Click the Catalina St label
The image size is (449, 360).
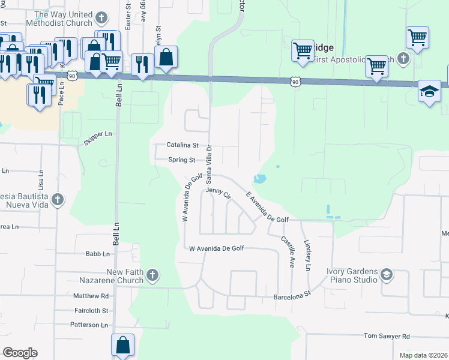click(x=182, y=145)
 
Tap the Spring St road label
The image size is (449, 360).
click(x=182, y=160)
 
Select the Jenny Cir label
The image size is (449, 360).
click(x=218, y=193)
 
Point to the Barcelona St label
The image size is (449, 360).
click(x=291, y=295)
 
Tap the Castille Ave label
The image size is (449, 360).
click(x=288, y=251)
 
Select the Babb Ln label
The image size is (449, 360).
click(x=97, y=254)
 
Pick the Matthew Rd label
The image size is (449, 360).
click(x=91, y=296)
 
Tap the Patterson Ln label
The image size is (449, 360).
click(x=89, y=325)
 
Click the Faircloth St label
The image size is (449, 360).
click(x=90, y=310)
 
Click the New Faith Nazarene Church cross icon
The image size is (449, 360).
click(x=152, y=275)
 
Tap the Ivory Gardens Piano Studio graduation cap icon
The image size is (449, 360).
click(x=387, y=275)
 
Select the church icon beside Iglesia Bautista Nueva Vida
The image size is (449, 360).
click(x=58, y=199)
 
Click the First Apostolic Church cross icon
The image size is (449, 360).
click(x=403, y=59)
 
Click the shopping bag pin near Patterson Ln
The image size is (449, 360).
click(x=122, y=345)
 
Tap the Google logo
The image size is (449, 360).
click(x=20, y=353)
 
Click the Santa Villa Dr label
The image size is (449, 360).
click(x=209, y=164)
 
